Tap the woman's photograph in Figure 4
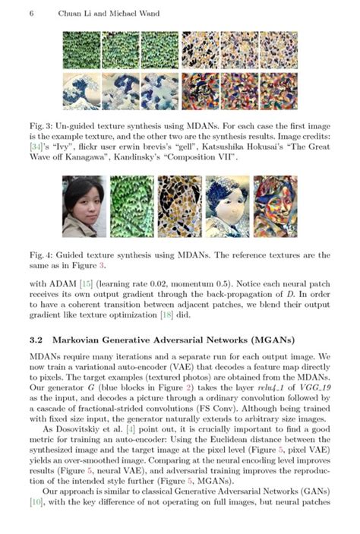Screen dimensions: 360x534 [84, 206]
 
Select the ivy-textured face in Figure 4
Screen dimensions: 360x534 [131, 206]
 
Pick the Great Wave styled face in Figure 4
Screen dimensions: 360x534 [227, 206]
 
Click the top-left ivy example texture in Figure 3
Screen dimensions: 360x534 [82, 50]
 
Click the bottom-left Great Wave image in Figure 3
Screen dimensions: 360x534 [82, 91]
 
